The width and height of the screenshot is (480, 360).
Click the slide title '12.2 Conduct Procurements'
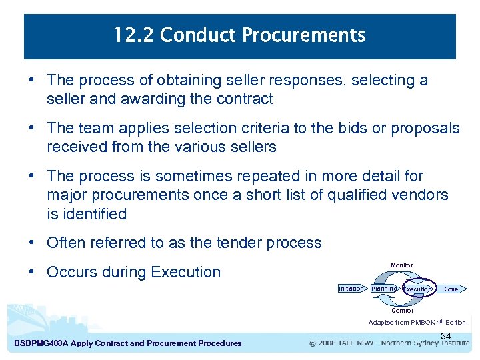[x=239, y=35]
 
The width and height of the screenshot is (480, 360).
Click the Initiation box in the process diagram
[x=351, y=289]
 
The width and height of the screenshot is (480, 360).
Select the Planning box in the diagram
[x=384, y=289]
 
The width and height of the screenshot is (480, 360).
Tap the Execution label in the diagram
[x=418, y=289]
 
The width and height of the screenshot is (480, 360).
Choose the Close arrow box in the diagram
[x=451, y=289]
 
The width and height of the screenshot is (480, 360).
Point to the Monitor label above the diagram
[x=402, y=265]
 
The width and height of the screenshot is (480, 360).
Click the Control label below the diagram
[x=402, y=311]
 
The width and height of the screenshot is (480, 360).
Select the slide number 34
[x=446, y=336]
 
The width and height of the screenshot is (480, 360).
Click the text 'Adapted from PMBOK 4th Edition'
[x=417, y=323]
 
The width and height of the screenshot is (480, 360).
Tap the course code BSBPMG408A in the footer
[x=41, y=343]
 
